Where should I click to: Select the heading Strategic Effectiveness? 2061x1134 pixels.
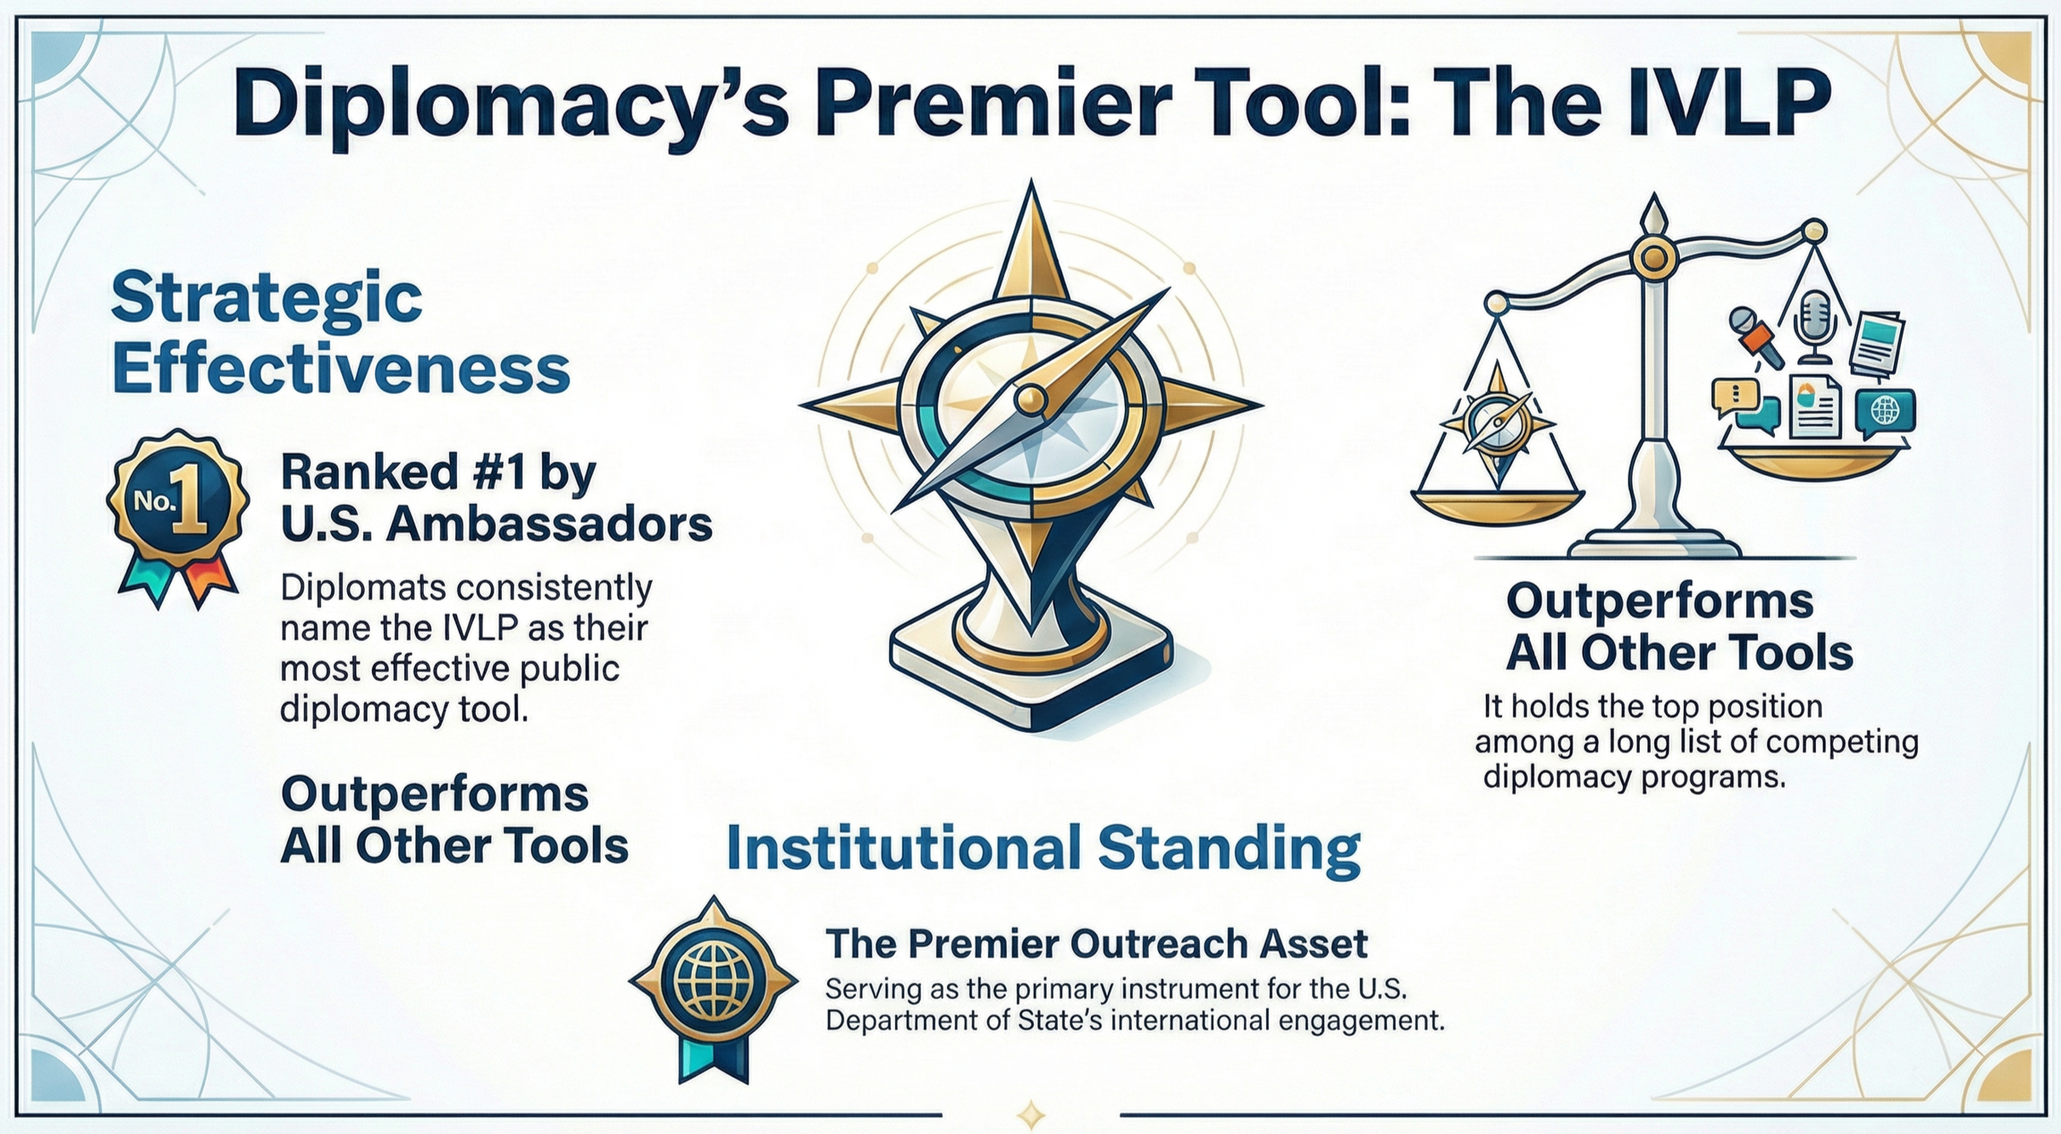(340, 333)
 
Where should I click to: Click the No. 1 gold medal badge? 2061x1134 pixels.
(178, 502)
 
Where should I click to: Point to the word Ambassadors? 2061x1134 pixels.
(548, 526)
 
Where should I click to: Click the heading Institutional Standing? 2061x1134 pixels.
(1042, 850)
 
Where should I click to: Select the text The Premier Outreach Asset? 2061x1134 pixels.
(1096, 943)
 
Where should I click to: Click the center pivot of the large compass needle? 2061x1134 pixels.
(1030, 396)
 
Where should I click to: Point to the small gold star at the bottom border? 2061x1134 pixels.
(1030, 1113)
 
